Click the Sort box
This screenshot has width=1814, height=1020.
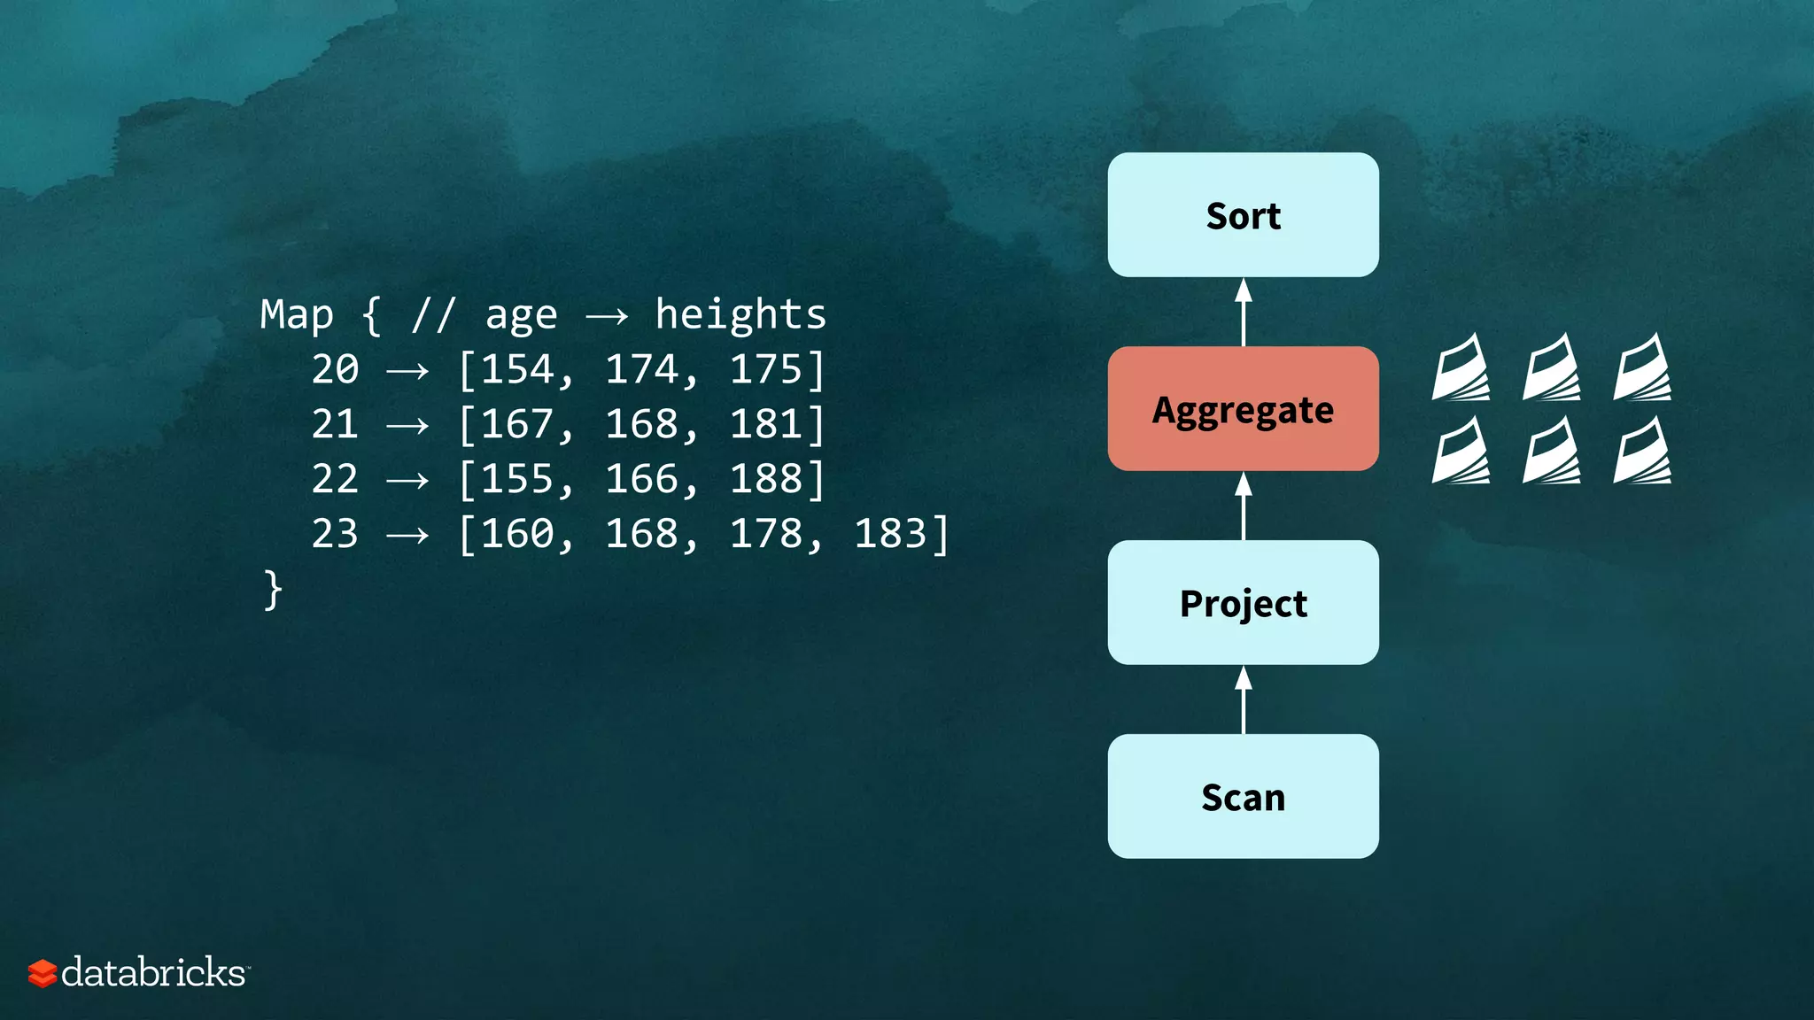(x=1243, y=215)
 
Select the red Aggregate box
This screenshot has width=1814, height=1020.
(x=1243, y=409)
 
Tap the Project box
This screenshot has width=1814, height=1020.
(x=1243, y=603)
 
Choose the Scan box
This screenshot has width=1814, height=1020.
(x=1243, y=797)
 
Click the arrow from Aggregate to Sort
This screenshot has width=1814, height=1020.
(x=1244, y=312)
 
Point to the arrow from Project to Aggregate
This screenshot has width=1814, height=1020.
(x=1244, y=506)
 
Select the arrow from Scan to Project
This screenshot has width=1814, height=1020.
(x=1244, y=699)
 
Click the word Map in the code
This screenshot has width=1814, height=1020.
(x=297, y=316)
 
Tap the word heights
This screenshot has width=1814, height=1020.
(x=740, y=315)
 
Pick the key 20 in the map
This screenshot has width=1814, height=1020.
(x=335, y=370)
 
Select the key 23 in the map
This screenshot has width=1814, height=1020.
(x=335, y=534)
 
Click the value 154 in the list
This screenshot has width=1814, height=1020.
(x=518, y=370)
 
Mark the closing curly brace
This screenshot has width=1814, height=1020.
(x=273, y=590)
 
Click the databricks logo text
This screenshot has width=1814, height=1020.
(x=152, y=973)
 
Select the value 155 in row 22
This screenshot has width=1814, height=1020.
(x=518, y=479)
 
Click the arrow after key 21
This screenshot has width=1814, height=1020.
(x=407, y=426)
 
